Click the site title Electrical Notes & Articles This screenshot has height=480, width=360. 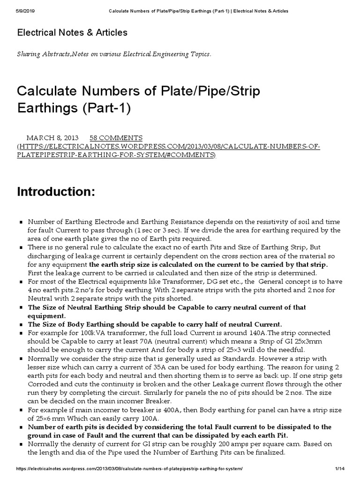pos(72,33)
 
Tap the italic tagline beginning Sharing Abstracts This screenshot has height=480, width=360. pos(114,54)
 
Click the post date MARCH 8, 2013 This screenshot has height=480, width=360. pos(52,138)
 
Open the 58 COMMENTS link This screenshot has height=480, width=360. pos(116,138)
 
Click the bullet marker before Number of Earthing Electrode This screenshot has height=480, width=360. pos(21,222)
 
